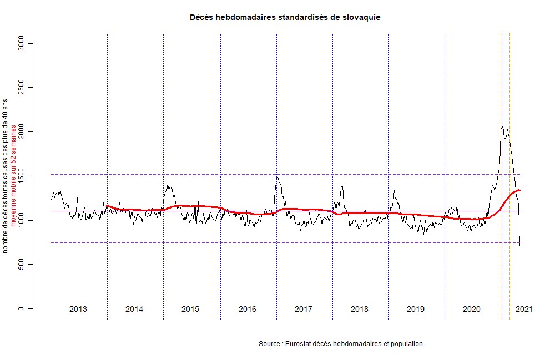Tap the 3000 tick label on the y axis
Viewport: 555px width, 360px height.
21,43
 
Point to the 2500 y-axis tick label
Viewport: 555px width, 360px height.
21,88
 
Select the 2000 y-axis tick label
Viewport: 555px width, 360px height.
21,132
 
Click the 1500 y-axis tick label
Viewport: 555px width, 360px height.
21,176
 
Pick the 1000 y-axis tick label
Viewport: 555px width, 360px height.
21,220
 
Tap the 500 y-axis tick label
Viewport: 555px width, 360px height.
21,265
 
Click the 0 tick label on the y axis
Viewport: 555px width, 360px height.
21,308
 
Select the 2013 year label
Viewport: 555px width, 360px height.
78,309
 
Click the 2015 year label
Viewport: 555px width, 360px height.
190,309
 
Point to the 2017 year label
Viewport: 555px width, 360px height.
303,309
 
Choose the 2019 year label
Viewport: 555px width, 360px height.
416,309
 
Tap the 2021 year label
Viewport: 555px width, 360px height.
524,309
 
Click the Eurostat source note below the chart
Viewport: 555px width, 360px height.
341,344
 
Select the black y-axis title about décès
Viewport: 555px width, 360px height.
6,176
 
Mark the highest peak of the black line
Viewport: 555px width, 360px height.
502,126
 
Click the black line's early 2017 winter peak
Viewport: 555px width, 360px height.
277,177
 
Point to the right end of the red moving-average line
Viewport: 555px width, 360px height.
519,190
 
